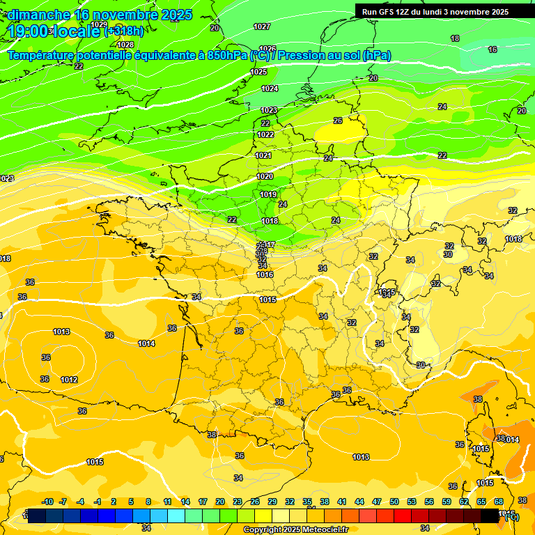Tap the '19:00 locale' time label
[54, 31]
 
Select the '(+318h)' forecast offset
[124, 31]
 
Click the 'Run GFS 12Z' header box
[435, 12]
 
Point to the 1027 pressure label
[262, 26]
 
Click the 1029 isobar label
[100, 24]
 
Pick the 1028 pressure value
[125, 45]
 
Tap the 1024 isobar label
[270, 88]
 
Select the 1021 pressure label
[263, 155]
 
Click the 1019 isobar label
[268, 194]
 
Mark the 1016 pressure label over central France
[265, 274]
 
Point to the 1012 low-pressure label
[69, 380]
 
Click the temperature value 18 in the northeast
[455, 38]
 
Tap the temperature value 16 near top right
[493, 49]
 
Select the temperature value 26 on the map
[338, 121]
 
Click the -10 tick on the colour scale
[47, 502]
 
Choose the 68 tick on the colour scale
[499, 502]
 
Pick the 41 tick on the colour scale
[342, 502]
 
